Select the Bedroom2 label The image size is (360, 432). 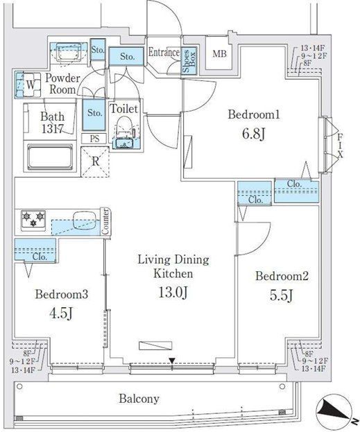pos(282,277)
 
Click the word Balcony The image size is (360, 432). pos(139,399)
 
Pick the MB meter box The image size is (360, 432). pos(219,55)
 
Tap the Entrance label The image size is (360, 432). pos(164,53)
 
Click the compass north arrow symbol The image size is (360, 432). pos(335,411)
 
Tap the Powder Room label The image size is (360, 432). pos(63,84)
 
